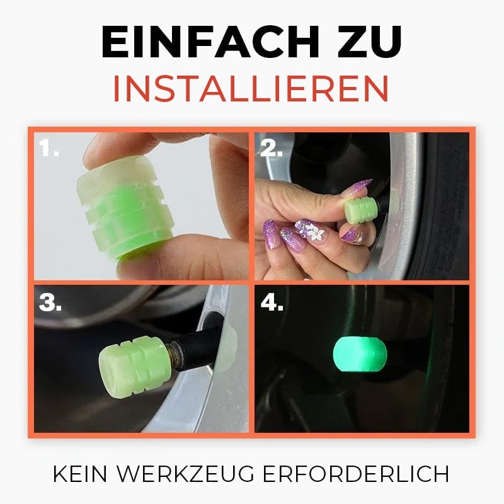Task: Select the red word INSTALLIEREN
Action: click(x=251, y=89)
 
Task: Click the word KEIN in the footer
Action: click(x=81, y=474)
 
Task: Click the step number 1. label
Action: click(x=49, y=149)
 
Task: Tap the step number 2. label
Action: click(x=272, y=149)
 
